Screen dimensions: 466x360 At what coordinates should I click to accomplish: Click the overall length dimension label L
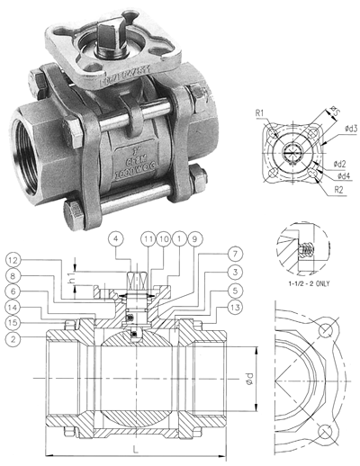click(x=134, y=446)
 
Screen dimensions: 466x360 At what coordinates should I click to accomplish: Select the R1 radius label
click(x=259, y=114)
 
